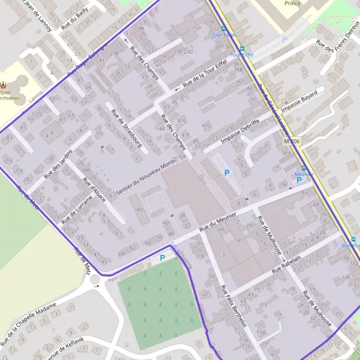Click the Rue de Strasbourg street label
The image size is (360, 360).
[124, 125]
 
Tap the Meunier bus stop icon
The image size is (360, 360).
[304, 169]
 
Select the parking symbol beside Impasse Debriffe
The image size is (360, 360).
[227, 172]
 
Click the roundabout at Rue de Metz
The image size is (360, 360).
[94, 280]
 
